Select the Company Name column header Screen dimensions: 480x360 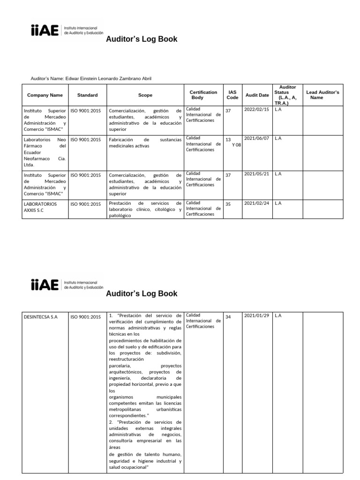[x=45, y=95]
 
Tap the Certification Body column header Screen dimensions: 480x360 [x=203, y=95]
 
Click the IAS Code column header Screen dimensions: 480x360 [x=232, y=95]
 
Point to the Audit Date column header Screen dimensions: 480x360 [x=257, y=95]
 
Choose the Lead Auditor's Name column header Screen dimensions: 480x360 [x=322, y=95]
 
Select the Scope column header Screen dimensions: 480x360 [x=145, y=95]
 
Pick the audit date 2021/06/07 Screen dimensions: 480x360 [x=256, y=138]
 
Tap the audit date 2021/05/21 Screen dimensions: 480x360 [x=256, y=173]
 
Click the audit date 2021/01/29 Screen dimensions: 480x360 [x=256, y=315]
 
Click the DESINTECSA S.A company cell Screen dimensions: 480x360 [x=40, y=317]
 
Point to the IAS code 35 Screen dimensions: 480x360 [x=228, y=204]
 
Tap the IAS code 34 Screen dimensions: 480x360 [x=228, y=317]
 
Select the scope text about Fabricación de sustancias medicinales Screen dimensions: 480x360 [x=145, y=142]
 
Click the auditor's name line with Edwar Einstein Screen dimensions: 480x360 [x=91, y=78]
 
